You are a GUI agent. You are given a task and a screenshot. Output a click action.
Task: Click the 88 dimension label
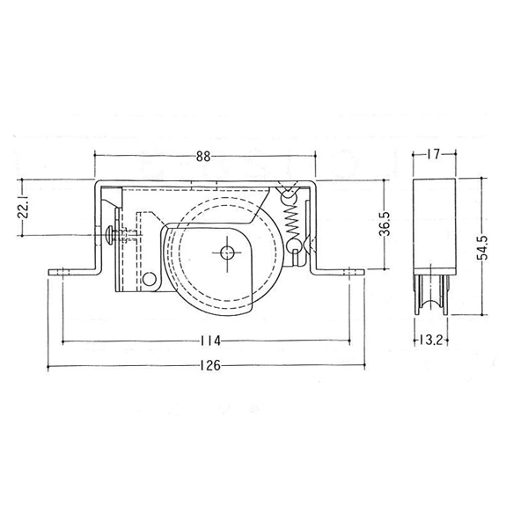203,157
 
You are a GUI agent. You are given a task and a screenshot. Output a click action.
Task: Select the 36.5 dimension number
385,224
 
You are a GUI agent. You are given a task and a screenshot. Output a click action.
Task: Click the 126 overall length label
210,365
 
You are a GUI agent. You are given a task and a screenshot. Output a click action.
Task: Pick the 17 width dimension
434,155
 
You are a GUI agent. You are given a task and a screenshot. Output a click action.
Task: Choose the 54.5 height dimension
483,247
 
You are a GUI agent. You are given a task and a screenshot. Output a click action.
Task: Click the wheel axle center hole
227,252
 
